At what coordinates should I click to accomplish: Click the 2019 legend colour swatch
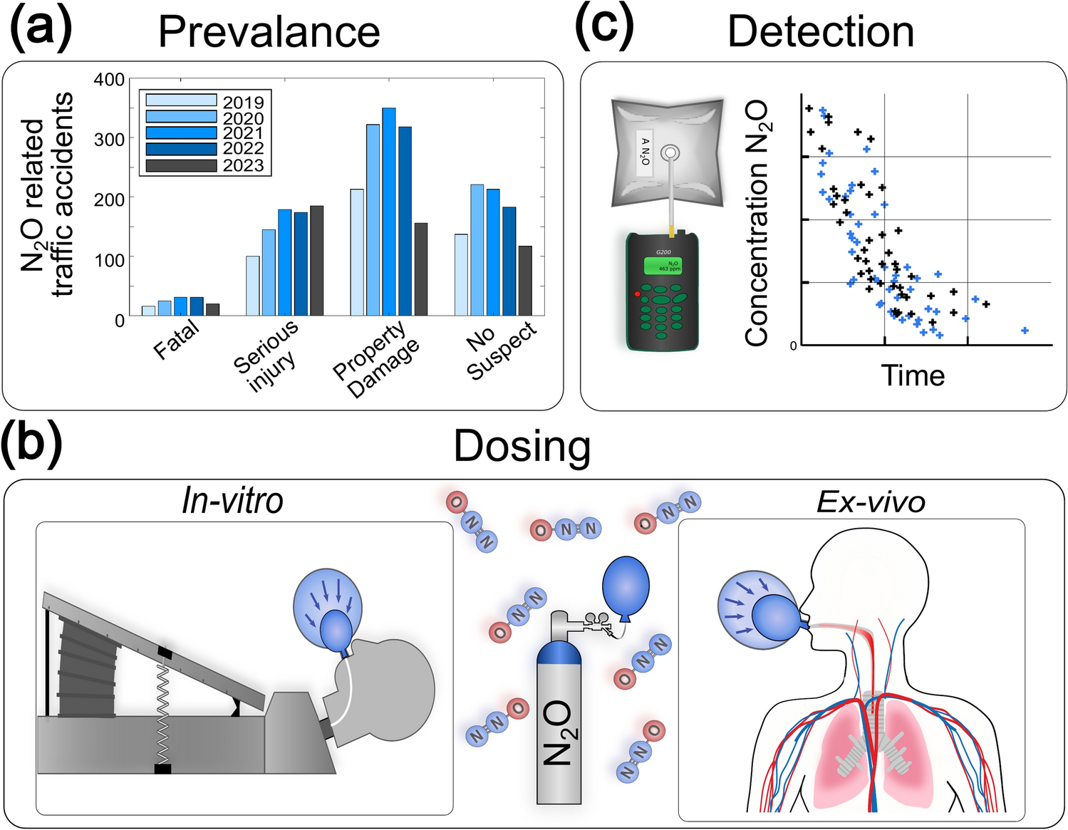coord(181,100)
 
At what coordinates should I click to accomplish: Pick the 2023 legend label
coord(243,165)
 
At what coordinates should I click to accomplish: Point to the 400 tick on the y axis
coord(109,79)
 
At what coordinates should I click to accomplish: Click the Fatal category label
coord(176,339)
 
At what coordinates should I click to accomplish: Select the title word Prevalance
coord(269,32)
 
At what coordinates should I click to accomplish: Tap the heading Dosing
coord(522,447)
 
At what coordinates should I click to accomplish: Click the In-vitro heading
coord(232,500)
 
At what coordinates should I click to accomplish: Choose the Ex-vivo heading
coord(871,502)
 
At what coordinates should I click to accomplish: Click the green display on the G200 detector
coord(662,266)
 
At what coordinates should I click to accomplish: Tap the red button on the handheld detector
coord(637,294)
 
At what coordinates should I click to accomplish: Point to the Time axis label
coord(913,375)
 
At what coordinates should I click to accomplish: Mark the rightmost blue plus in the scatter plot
coord(1025,331)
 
